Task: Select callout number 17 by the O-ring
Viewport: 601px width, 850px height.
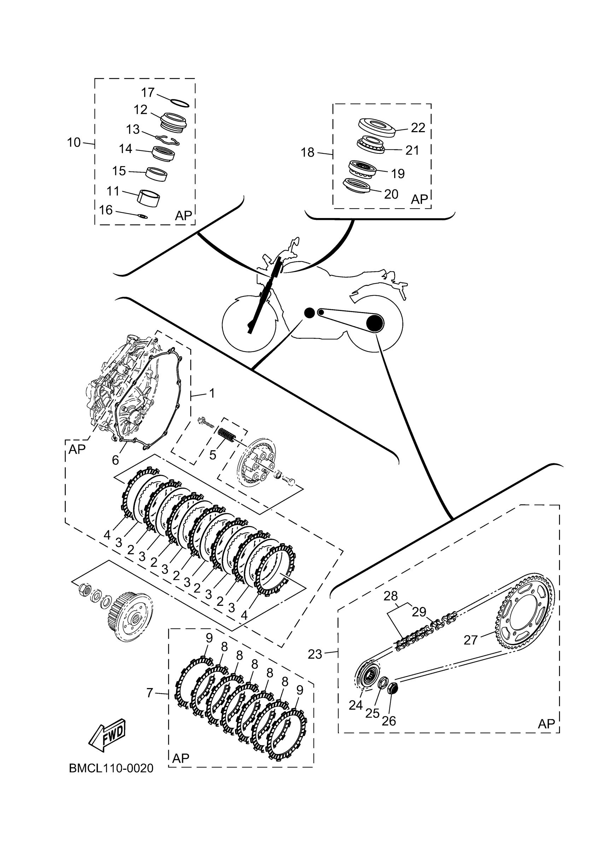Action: click(148, 92)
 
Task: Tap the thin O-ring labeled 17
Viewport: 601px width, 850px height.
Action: click(180, 103)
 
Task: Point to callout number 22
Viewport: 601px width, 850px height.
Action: click(418, 128)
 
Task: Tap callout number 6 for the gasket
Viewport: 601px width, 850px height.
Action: click(116, 460)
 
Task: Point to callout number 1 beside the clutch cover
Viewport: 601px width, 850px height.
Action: click(212, 393)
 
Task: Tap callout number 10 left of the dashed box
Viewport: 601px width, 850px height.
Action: click(74, 142)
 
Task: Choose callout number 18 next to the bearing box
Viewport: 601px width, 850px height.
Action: click(307, 152)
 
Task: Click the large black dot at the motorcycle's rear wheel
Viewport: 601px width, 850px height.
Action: click(374, 323)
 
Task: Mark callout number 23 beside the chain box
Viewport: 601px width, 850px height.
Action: click(315, 654)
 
